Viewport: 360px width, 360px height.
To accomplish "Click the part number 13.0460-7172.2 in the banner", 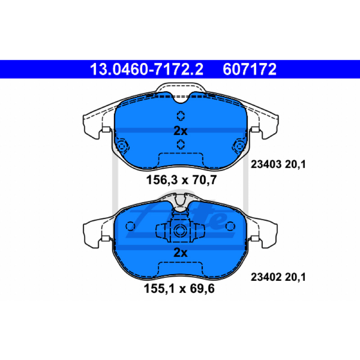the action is [147, 69].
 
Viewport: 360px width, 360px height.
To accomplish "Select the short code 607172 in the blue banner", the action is [249, 69].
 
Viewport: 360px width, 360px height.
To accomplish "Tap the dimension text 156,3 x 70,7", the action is [181, 180].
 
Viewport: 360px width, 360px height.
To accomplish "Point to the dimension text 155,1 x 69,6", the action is [179, 288].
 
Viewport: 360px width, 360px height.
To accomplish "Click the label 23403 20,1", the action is [278, 164].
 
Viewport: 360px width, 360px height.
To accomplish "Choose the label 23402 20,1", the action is [278, 277].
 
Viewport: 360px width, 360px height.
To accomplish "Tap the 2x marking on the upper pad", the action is [180, 131].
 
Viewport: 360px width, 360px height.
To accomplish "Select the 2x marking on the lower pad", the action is [180, 252].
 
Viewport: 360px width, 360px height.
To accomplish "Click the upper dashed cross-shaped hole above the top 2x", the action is [181, 116].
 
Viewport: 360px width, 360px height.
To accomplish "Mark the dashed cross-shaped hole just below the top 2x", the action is [181, 144].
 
